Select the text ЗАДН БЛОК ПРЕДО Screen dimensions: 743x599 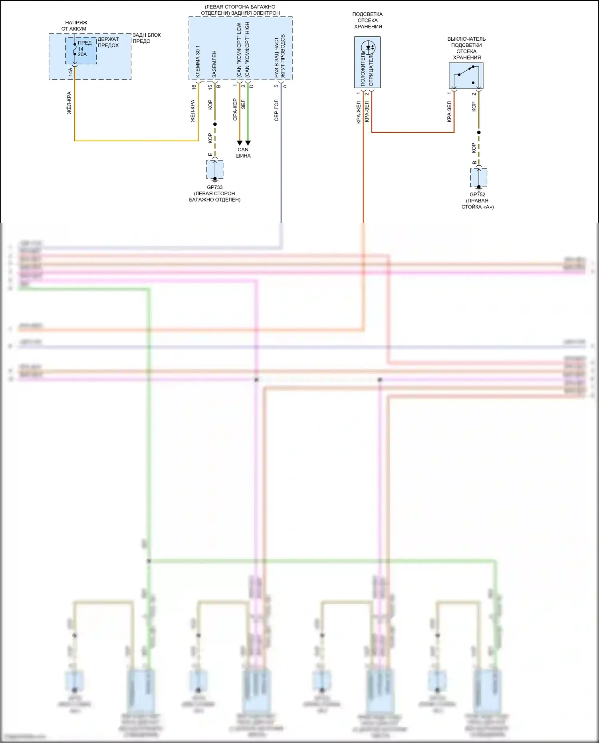coord(146,38)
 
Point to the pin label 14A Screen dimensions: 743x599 coord(70,72)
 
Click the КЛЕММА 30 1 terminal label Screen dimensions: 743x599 coord(198,61)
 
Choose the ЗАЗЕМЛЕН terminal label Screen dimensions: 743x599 coord(214,64)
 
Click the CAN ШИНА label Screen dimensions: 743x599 coord(243,153)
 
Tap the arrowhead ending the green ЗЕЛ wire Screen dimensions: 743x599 coord(248,143)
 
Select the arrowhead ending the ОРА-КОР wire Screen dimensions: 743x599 coord(240,143)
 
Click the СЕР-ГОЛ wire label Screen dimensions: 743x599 coord(276,110)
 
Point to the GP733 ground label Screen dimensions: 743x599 coord(214,187)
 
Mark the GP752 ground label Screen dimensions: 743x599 coord(478,194)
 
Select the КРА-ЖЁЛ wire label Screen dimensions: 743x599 coord(359,113)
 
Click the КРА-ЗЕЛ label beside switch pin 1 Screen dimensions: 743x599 coord(449,111)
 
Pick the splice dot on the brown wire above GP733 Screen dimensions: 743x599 coord(215,124)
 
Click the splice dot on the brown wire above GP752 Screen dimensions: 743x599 coord(479,132)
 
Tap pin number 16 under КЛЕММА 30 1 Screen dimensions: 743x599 coord(194,87)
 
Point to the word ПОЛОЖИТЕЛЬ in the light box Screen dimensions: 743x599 coord(363,69)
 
